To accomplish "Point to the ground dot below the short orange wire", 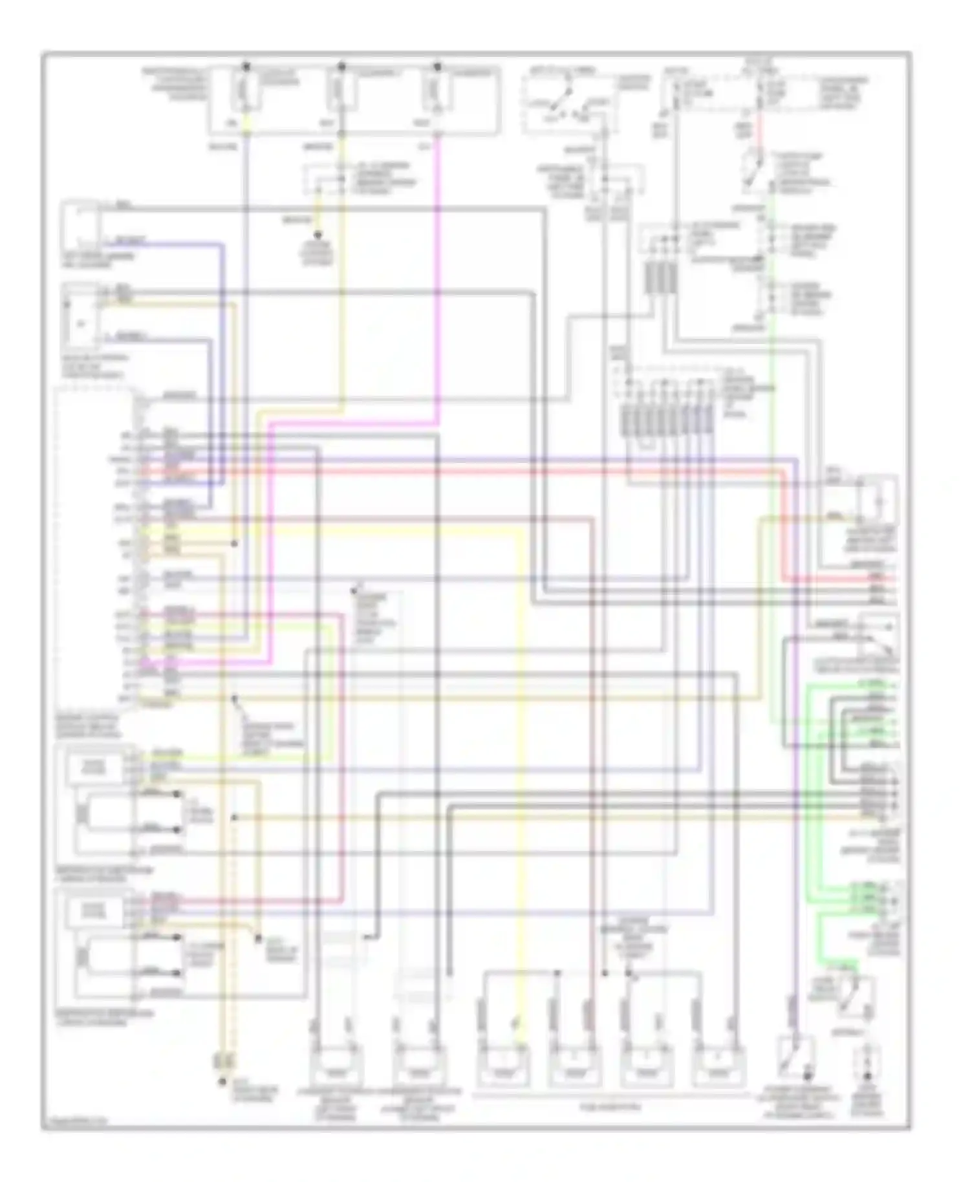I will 318,235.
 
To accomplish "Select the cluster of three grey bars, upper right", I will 660,278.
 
